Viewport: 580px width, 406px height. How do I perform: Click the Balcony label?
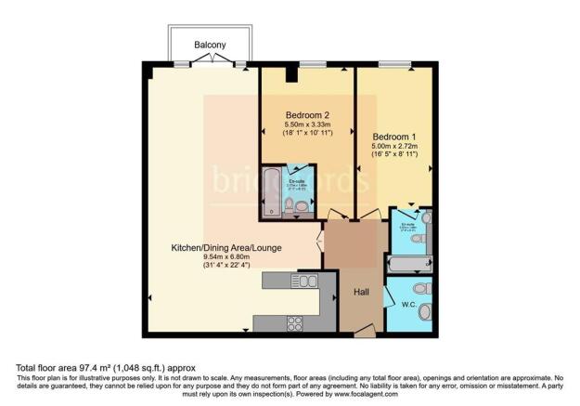click(213, 44)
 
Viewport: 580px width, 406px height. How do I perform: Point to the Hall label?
click(363, 292)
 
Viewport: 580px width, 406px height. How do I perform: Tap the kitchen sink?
click(306, 281)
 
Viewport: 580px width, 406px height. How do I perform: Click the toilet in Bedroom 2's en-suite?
click(290, 206)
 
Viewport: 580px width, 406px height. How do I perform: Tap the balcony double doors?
click(213, 61)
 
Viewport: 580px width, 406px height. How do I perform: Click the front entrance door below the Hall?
click(357, 332)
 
